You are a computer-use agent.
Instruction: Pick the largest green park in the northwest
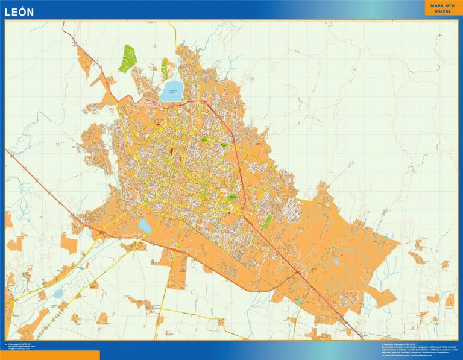click(128, 58)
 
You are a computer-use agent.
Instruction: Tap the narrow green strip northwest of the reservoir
click(165, 69)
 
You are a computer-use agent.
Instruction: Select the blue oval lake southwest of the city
click(145, 225)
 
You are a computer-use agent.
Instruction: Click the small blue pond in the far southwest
click(58, 294)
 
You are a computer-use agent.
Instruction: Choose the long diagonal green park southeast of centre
click(267, 222)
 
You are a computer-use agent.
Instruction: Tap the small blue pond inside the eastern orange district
click(336, 262)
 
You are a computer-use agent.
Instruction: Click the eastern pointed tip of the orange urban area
click(399, 245)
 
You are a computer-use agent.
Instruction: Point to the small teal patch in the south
click(300, 300)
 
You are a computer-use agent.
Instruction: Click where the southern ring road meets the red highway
click(297, 273)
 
